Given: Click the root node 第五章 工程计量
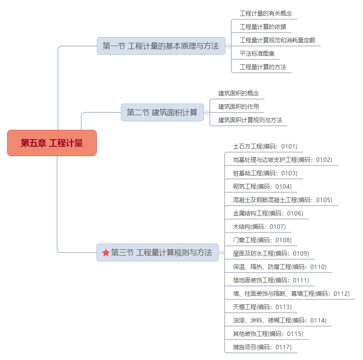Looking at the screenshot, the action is (x=52, y=143).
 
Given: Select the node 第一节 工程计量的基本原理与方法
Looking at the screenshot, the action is (x=161, y=46).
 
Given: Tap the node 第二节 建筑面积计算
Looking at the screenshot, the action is (x=163, y=112).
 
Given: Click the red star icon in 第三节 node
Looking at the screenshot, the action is (x=106, y=252).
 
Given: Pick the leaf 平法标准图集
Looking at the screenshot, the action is (x=257, y=54).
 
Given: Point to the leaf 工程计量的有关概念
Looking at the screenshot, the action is (x=266, y=13).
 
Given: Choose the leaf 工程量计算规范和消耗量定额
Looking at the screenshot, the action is (x=277, y=40).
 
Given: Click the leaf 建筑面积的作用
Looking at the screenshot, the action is (x=238, y=107).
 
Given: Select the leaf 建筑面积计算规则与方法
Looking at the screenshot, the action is (x=250, y=120).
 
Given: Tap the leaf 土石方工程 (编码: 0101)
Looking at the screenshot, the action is (x=265, y=146).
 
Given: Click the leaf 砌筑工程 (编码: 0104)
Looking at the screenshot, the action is (x=262, y=186).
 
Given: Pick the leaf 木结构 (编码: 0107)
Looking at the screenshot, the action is (x=259, y=227).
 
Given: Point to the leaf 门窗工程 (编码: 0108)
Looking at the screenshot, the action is (x=262, y=240).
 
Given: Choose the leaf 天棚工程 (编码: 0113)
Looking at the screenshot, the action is (x=262, y=307).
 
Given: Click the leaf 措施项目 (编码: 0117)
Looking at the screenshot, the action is (x=262, y=347).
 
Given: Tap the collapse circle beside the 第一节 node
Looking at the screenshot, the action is (x=228, y=46).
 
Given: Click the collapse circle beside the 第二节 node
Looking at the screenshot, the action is (x=207, y=113).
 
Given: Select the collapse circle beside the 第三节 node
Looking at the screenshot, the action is (x=221, y=252).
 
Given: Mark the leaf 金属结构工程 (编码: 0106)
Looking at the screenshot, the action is (x=268, y=213).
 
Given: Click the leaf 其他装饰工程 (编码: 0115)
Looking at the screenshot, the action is (x=268, y=334).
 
